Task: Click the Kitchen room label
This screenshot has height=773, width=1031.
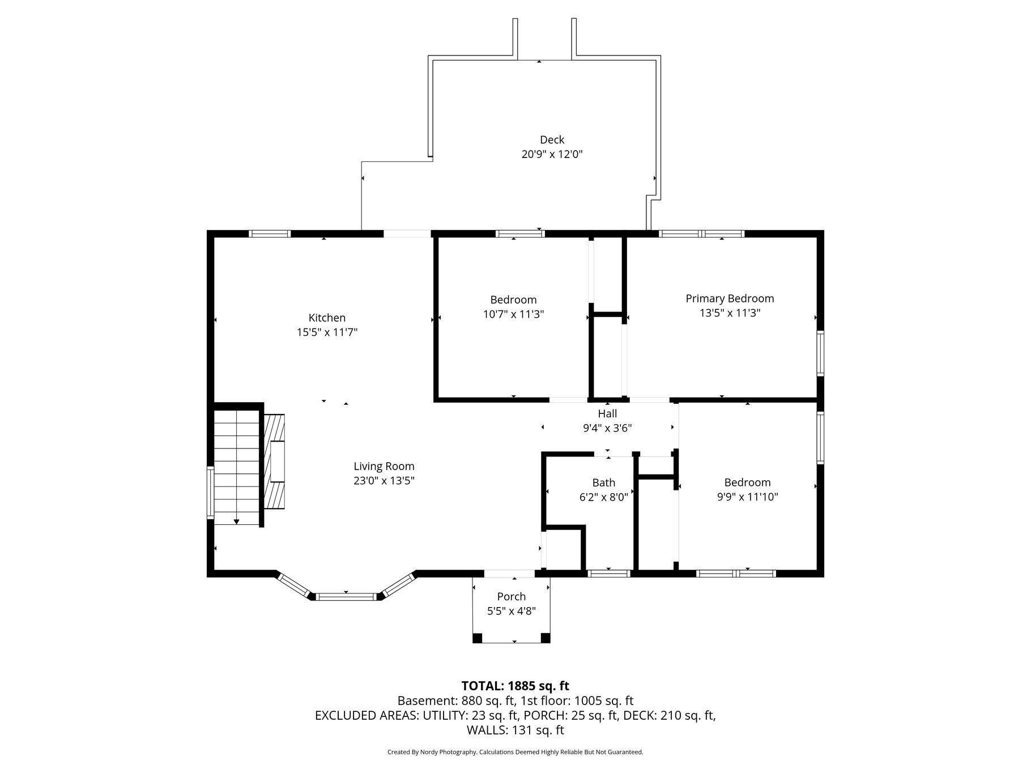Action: pyautogui.click(x=327, y=318)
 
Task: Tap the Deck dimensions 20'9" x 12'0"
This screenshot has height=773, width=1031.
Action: pyautogui.click(x=552, y=154)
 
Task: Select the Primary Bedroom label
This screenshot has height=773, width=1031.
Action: pyautogui.click(x=729, y=298)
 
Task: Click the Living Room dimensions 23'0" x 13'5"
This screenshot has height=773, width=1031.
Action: pyautogui.click(x=384, y=481)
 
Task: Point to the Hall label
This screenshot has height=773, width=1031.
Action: pyautogui.click(x=607, y=414)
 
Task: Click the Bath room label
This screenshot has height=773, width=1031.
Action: pyautogui.click(x=603, y=482)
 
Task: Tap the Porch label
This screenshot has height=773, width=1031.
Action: pyautogui.click(x=511, y=596)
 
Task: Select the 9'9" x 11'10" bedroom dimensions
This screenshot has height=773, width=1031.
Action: pyautogui.click(x=747, y=497)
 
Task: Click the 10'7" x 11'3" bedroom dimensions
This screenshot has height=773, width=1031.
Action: pyautogui.click(x=513, y=314)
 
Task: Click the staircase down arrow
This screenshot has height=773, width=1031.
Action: pyautogui.click(x=237, y=521)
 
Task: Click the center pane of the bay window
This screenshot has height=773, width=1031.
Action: pyautogui.click(x=346, y=596)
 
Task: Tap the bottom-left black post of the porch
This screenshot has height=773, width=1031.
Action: pyautogui.click(x=477, y=638)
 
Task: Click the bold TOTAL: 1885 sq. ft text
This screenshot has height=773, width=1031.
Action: pyautogui.click(x=515, y=686)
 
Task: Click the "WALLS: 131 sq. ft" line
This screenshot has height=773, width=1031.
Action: pyautogui.click(x=515, y=731)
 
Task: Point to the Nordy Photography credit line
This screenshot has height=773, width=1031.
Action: pyautogui.click(x=515, y=752)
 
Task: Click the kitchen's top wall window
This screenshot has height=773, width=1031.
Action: pyautogui.click(x=270, y=233)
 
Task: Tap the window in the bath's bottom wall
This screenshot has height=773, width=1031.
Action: pyautogui.click(x=609, y=574)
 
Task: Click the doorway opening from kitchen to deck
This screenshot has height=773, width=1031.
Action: pyautogui.click(x=407, y=233)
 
